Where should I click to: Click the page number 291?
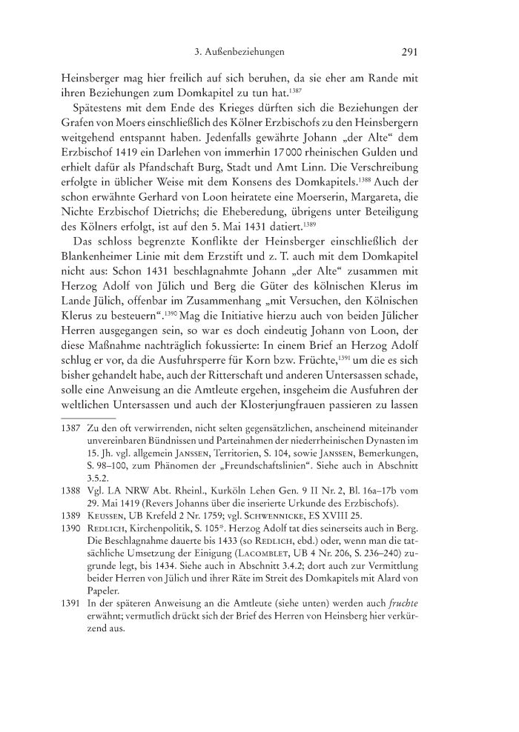click(411, 53)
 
